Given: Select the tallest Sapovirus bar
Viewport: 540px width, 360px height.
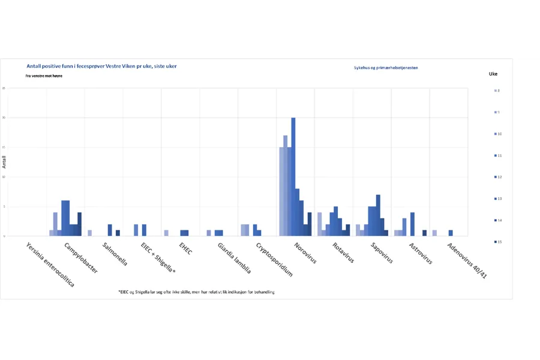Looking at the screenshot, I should point(378,215).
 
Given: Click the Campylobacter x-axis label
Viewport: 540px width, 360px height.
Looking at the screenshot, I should point(81,258).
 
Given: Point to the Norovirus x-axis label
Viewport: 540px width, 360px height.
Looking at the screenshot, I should point(305,253).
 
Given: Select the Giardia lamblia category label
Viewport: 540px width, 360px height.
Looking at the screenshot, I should point(235,258).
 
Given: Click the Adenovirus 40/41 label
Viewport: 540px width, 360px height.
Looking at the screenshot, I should point(467,261).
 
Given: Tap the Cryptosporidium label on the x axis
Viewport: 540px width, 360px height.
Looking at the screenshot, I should point(274,259).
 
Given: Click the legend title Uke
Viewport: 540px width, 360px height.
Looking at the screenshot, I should point(493,74).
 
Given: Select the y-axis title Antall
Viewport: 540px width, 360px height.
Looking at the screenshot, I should point(5,162).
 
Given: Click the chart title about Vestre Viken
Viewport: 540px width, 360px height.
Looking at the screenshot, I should point(101,66).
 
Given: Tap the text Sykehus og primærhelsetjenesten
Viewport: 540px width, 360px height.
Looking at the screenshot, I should point(386,68).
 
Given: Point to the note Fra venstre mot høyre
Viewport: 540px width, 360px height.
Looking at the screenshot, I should point(44,76).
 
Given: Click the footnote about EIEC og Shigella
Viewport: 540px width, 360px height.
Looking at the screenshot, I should point(197,292).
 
